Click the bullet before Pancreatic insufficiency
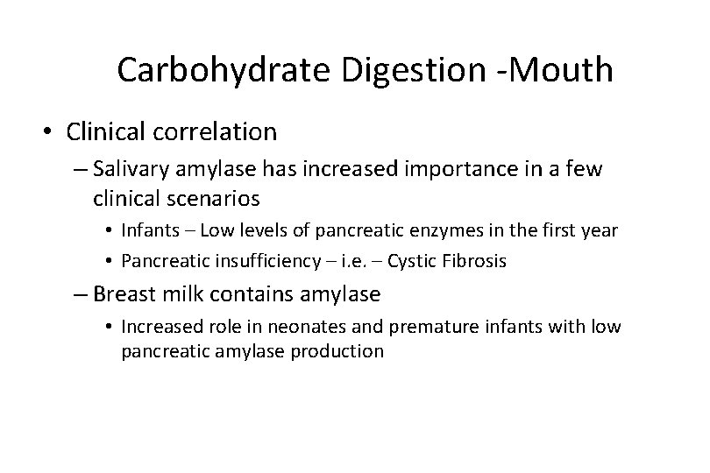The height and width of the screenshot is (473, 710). pos(111,260)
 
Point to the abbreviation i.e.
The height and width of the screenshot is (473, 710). pos(331,260)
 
